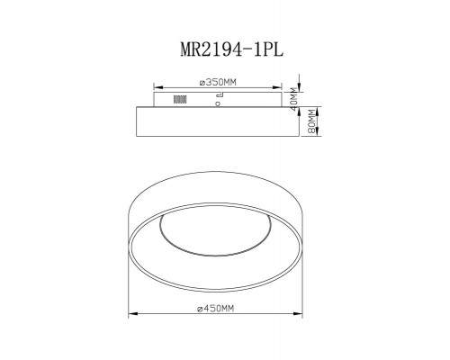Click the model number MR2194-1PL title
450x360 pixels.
[225, 51]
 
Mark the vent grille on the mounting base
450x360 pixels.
[179, 99]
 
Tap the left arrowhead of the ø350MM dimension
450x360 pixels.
[157, 88]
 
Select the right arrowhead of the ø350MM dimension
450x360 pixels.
[276, 88]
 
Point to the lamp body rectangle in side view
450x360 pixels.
[216, 121]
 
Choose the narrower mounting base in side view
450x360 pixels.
[216, 99]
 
